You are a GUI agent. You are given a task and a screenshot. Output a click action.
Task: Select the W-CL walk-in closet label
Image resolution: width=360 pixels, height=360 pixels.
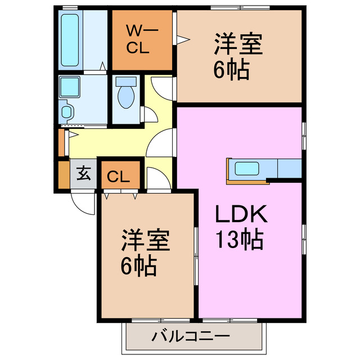[x=137, y=39]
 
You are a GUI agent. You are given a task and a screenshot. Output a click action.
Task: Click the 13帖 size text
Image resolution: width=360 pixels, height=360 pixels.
[x=240, y=241]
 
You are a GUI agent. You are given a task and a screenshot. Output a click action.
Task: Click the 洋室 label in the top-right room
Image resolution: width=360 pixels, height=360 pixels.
[x=238, y=44]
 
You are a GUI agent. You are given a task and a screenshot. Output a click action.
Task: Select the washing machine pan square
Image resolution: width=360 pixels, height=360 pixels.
[x=70, y=88]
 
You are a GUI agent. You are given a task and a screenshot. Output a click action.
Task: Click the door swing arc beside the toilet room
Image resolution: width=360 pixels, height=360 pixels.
[x=161, y=87]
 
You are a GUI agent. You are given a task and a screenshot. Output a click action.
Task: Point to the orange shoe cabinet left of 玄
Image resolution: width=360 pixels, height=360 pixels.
[x=62, y=175]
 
